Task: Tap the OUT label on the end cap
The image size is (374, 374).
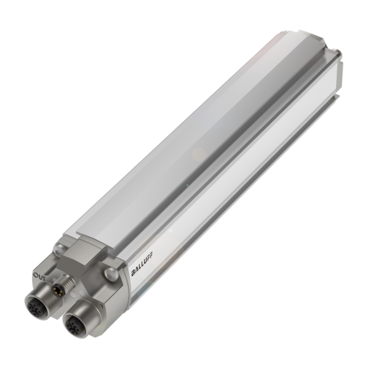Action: pos(40,276)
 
